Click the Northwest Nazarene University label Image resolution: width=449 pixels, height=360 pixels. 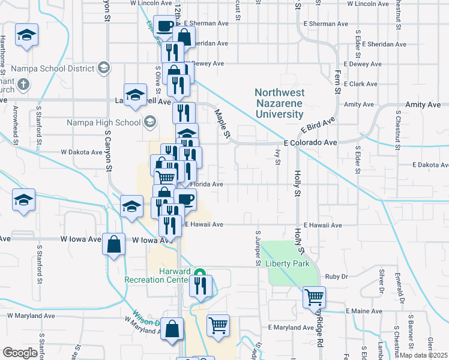[279, 103]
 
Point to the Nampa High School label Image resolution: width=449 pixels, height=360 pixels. [112, 123]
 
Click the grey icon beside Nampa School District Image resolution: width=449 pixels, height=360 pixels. [104, 67]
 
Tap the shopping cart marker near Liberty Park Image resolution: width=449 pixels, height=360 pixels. [314, 296]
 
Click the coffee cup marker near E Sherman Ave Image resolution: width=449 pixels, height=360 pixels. [164, 25]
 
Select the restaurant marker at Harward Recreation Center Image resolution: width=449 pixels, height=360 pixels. [200, 285]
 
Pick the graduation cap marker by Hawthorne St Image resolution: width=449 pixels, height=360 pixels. [26, 34]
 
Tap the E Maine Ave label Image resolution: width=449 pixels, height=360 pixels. [364, 311]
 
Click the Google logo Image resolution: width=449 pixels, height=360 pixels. [20, 353]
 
